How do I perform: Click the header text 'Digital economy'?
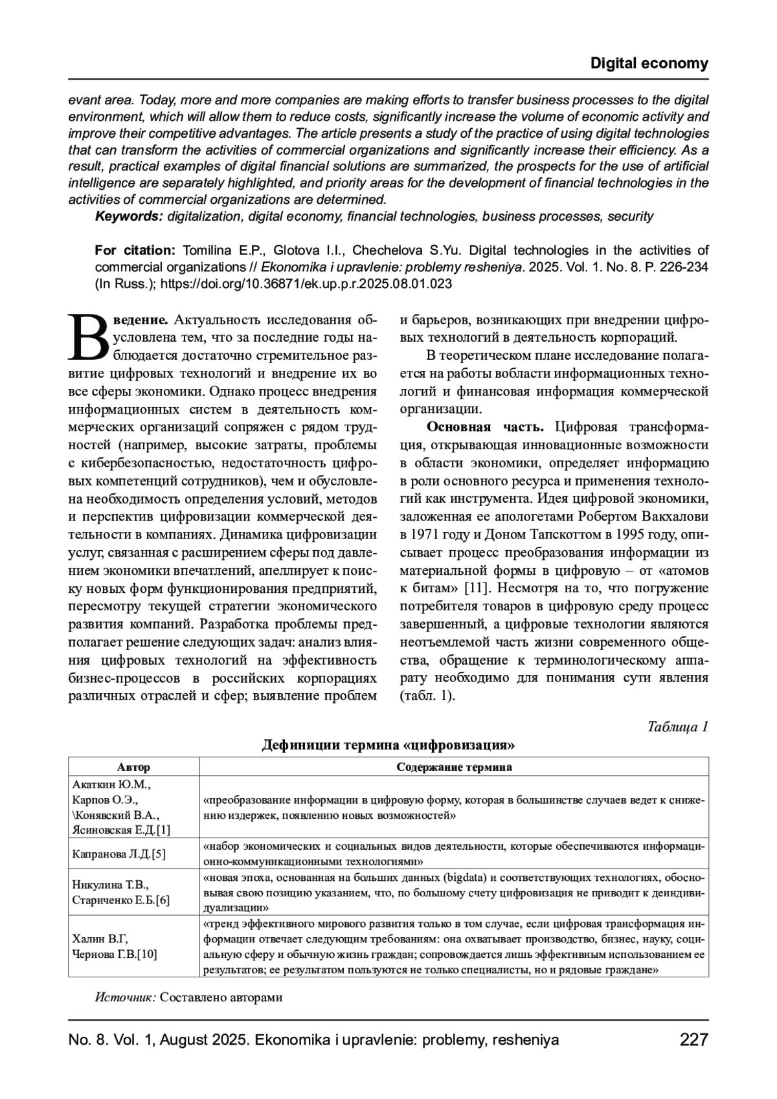click(x=649, y=63)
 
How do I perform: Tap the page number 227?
click(x=693, y=1039)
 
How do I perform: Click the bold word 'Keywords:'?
click(x=129, y=216)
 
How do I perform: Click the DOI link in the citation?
click(x=306, y=284)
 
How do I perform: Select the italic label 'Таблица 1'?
click(x=677, y=726)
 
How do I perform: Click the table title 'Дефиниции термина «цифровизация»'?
click(x=388, y=745)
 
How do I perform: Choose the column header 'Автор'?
click(x=133, y=767)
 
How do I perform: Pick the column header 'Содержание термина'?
click(x=454, y=767)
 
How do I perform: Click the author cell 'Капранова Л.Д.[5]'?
click(x=119, y=854)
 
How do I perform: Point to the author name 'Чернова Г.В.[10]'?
click(x=115, y=954)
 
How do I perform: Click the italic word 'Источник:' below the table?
click(x=126, y=997)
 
